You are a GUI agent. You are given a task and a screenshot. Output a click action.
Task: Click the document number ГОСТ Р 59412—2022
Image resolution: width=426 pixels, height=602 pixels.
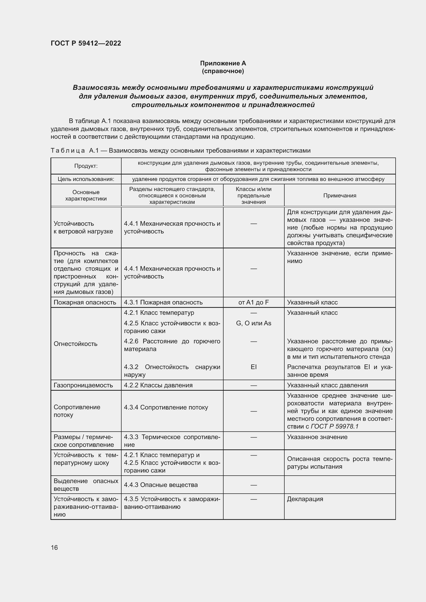click(x=86, y=43)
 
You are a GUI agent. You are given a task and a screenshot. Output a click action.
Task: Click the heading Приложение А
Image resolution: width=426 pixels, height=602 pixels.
click(x=223, y=63)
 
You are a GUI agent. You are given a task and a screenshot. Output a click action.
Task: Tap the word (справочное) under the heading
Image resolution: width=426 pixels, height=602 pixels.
click(x=223, y=71)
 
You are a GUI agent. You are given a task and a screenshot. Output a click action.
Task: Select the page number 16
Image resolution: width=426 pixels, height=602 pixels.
click(x=54, y=547)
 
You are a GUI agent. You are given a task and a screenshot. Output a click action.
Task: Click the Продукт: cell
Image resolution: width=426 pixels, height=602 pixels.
click(x=86, y=166)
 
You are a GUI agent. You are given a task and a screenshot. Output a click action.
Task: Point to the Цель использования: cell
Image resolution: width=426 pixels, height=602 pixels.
click(x=86, y=179)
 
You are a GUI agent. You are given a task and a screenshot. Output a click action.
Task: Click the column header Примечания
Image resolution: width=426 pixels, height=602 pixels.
click(x=339, y=195)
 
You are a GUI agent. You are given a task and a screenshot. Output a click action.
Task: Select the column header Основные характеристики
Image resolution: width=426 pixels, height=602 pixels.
click(x=86, y=195)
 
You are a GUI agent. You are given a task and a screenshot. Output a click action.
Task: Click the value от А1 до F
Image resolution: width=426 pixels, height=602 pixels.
click(x=253, y=302)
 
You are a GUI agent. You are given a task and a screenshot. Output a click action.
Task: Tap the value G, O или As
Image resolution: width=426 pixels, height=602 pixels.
click(x=253, y=323)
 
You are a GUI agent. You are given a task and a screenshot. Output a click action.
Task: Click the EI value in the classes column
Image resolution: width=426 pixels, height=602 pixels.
click(x=253, y=367)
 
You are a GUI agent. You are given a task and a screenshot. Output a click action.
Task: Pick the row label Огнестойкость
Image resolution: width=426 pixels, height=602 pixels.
click(x=75, y=344)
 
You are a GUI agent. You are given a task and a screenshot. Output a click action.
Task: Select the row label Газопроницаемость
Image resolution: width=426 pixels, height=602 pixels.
click(x=83, y=385)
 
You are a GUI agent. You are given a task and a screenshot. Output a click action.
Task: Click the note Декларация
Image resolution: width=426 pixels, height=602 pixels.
click(x=305, y=499)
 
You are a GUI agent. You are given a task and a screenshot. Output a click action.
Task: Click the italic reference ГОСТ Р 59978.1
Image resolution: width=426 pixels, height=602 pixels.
click(x=335, y=426)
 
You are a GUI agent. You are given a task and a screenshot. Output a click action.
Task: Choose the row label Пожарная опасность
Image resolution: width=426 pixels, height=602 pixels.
click(x=85, y=302)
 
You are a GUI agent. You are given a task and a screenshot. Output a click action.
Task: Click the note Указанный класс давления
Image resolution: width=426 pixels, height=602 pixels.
click(x=327, y=385)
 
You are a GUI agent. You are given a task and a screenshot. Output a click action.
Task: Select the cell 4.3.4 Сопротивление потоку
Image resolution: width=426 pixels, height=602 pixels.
click(x=166, y=407)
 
